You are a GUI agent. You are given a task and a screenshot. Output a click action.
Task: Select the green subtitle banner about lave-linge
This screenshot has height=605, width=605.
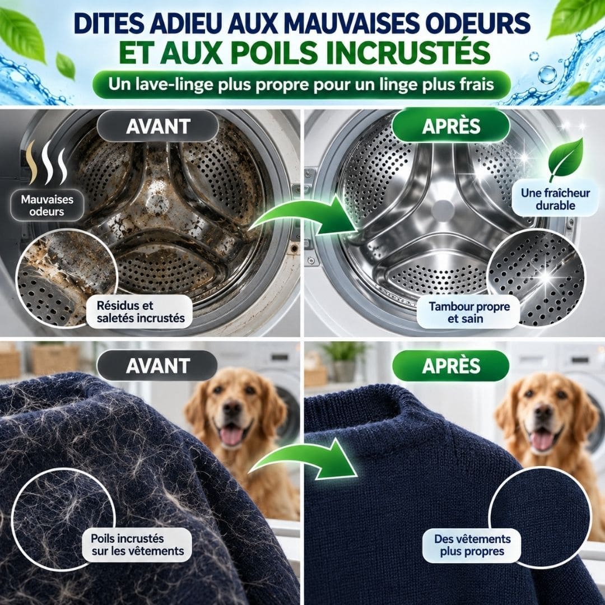301,85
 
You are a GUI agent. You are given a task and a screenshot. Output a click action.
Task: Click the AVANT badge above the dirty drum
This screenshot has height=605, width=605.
158,126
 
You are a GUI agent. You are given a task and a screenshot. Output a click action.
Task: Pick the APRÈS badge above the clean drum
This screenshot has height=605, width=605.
451,126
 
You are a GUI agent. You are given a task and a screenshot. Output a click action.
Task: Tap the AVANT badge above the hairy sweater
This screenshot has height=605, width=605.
158,366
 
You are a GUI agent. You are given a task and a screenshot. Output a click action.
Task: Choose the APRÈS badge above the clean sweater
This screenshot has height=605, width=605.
451,366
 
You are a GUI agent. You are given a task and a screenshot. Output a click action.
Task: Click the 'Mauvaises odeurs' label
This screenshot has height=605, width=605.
47,205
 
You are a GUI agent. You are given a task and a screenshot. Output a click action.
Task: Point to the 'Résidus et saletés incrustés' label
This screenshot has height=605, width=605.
140,312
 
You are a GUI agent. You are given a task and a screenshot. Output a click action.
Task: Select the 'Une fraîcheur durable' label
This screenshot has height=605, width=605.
555,199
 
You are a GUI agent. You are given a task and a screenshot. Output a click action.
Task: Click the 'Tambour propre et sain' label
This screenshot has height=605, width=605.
469,312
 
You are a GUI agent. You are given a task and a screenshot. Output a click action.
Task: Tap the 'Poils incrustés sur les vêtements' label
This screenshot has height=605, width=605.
137,544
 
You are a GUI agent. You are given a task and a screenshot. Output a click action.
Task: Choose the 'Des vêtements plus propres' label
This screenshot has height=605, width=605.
472,545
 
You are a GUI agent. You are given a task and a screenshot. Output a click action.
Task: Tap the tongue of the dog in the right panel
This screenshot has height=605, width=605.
542,440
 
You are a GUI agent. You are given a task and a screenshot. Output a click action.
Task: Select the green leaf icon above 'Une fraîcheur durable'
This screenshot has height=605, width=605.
566,159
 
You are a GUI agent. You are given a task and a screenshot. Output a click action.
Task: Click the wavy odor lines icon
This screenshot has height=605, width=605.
48,162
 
